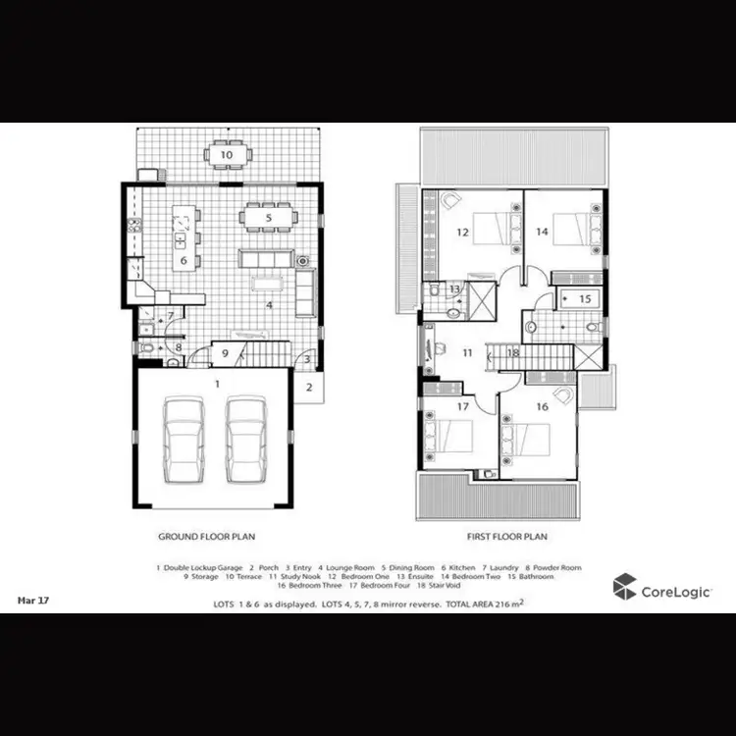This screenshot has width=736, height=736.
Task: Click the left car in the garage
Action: click(184, 441)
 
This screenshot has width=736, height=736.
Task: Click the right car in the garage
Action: click(245, 441)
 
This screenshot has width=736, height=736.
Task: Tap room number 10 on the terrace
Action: click(226, 155)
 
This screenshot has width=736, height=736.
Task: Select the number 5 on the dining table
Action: click(268, 217)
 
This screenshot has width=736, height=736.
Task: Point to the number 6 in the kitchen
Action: click(183, 260)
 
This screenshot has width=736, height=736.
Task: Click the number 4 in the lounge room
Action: click(268, 304)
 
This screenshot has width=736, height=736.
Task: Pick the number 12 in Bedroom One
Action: click(461, 233)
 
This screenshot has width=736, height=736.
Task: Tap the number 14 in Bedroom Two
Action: click(542, 233)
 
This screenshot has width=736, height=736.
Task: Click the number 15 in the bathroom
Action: click(584, 298)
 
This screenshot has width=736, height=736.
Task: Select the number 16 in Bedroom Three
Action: click(542, 405)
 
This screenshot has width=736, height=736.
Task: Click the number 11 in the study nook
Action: click(468, 351)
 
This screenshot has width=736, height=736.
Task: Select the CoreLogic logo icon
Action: click(625, 588)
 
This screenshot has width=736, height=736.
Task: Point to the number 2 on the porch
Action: click(308, 387)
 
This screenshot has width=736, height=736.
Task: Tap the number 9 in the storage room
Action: click(225, 353)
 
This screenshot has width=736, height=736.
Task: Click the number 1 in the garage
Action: click(217, 382)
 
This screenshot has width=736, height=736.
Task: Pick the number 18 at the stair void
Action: click(512, 352)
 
